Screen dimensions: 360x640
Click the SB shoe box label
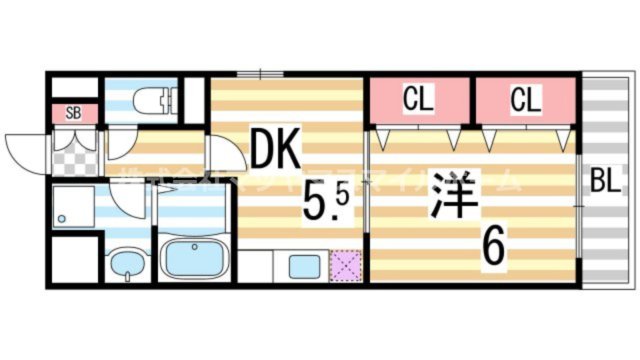click(73, 112)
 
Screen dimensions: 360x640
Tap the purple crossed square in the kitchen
click(345, 265)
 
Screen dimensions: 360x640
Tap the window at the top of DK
click(262, 73)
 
